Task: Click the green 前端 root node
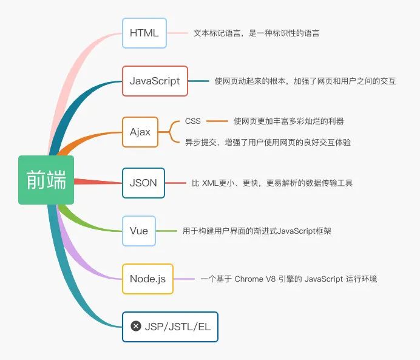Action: click(x=46, y=180)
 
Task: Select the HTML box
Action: click(x=144, y=33)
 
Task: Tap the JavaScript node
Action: click(x=155, y=81)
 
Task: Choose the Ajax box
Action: click(x=140, y=132)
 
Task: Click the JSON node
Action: click(x=143, y=183)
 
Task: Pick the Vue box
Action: click(x=139, y=231)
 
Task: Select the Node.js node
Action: click(x=147, y=279)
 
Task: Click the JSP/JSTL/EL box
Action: click(x=169, y=327)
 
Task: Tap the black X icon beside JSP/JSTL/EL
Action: click(x=136, y=327)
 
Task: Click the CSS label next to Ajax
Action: click(x=193, y=121)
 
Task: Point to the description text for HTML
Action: click(x=256, y=33)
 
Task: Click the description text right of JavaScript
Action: click(x=305, y=81)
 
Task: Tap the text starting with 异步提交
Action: click(x=268, y=142)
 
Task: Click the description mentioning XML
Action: click(x=272, y=183)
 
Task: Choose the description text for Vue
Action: click(x=257, y=231)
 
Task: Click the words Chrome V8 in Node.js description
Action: click(x=256, y=279)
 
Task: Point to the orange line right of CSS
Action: click(x=217, y=121)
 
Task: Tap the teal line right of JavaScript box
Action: click(x=198, y=81)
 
